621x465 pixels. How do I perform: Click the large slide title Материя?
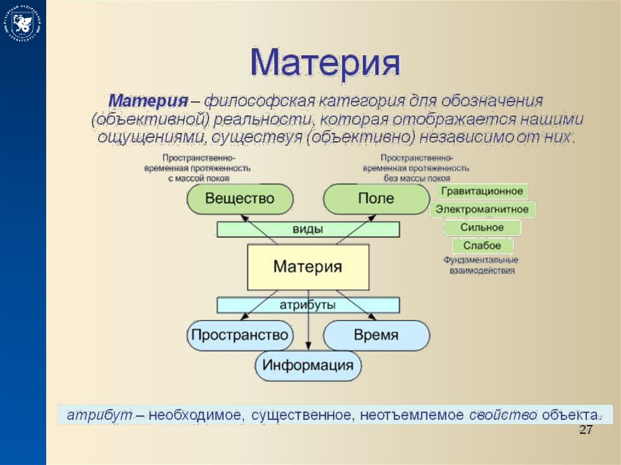(x=326, y=62)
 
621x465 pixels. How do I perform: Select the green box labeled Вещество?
(x=240, y=199)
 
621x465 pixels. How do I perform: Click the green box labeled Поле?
(x=376, y=199)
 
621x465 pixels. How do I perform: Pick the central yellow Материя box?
(x=308, y=267)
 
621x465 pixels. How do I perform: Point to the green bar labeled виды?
(x=308, y=229)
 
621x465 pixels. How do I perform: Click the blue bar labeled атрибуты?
(x=308, y=305)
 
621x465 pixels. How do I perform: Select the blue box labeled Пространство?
(x=239, y=335)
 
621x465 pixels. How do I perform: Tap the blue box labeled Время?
(x=376, y=335)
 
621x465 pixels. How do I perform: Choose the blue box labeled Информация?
(x=308, y=366)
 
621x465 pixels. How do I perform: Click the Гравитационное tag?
(x=482, y=192)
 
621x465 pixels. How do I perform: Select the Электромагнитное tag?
(x=482, y=210)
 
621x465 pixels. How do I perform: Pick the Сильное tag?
(x=482, y=228)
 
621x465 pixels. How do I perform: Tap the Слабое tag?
(x=482, y=246)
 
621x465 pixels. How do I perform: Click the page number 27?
(x=585, y=430)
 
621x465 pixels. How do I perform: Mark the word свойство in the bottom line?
(x=503, y=416)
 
